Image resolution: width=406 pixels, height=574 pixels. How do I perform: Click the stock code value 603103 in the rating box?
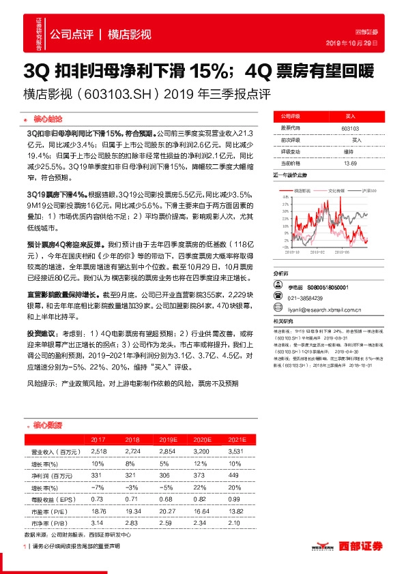tap(349, 127)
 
